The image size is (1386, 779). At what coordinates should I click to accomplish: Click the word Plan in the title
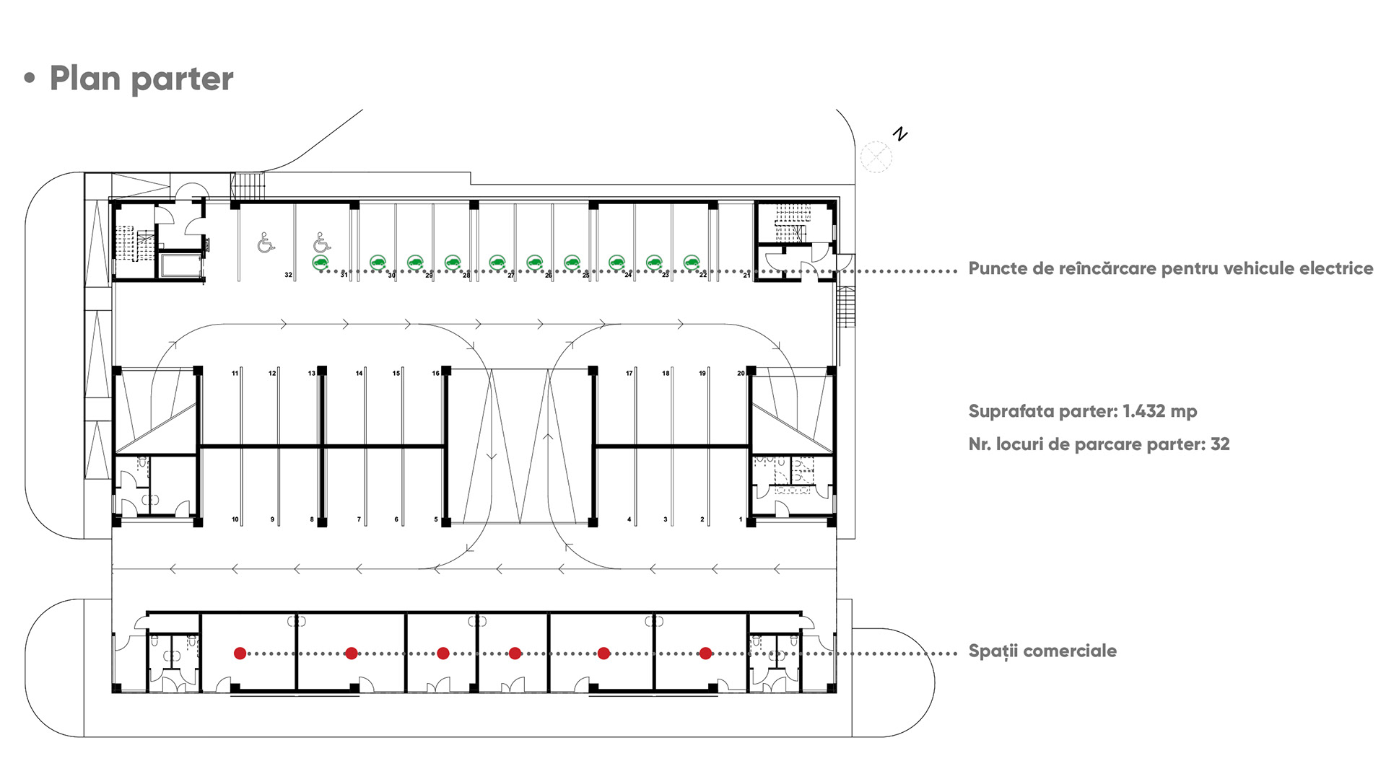click(x=85, y=79)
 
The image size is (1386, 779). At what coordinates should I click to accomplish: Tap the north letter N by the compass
click(x=899, y=134)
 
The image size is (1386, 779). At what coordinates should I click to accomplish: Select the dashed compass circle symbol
click(x=876, y=157)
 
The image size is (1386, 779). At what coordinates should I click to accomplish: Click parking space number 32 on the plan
click(x=288, y=275)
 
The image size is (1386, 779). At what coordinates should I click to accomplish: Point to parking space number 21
click(x=746, y=275)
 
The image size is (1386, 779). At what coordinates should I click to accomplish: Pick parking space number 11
click(x=235, y=373)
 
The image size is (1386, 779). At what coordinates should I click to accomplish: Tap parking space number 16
click(x=435, y=373)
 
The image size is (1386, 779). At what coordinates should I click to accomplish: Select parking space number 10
click(x=235, y=519)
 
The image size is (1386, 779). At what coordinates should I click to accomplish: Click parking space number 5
click(x=435, y=519)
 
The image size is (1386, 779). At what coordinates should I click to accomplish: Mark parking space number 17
click(x=629, y=373)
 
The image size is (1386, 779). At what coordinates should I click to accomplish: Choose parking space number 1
click(x=740, y=519)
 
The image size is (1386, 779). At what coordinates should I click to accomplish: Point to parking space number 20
click(x=740, y=373)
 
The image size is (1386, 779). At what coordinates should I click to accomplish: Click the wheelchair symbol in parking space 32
click(x=266, y=243)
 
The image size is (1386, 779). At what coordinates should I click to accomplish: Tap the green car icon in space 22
click(x=692, y=263)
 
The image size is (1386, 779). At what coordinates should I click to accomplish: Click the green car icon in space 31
click(x=321, y=263)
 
